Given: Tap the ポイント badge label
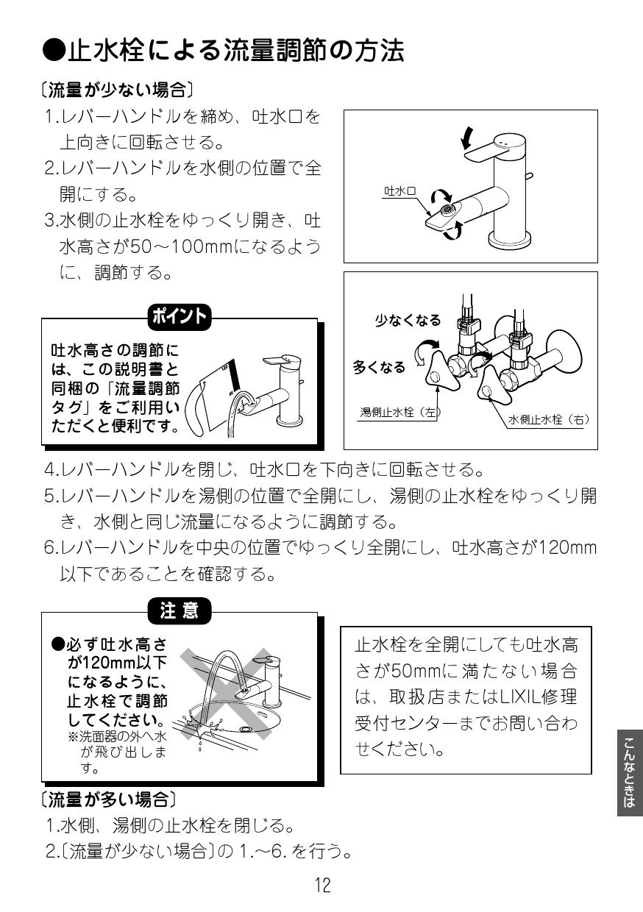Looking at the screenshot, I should [x=180, y=318].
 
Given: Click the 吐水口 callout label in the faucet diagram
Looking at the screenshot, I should [x=399, y=191].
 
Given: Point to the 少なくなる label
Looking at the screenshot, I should [x=408, y=320].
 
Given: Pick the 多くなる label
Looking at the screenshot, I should [x=379, y=367].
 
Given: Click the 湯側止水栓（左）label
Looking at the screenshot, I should [x=399, y=413].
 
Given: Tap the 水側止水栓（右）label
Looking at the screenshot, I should [x=549, y=419].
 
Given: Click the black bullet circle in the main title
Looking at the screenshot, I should [x=54, y=51].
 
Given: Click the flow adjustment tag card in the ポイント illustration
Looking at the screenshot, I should [x=221, y=390].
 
